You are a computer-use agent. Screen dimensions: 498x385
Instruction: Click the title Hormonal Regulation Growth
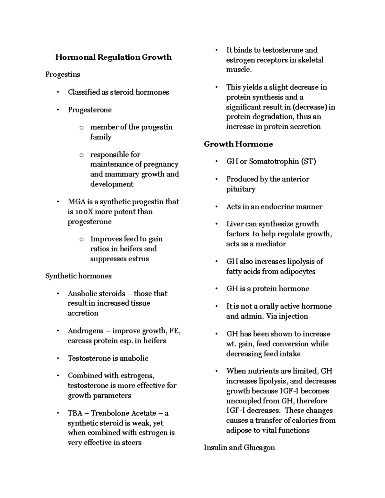point(113,57)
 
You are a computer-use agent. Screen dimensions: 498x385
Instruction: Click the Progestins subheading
point(63,75)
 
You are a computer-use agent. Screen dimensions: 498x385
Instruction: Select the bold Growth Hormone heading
point(238,144)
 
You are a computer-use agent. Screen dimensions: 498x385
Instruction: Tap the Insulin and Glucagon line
point(239,447)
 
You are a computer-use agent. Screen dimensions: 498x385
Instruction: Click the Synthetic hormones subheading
point(78,276)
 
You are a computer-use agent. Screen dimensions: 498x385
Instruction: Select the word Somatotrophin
point(274,161)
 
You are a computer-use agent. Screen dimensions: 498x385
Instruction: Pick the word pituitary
point(241,189)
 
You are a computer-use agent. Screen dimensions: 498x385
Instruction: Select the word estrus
point(140,259)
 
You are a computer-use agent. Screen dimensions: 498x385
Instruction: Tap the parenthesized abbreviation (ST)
point(308,161)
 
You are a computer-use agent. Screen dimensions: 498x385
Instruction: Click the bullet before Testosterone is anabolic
point(58,359)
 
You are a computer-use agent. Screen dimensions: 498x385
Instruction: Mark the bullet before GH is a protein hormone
point(217,289)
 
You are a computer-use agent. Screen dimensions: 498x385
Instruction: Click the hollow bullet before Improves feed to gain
point(81,239)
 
